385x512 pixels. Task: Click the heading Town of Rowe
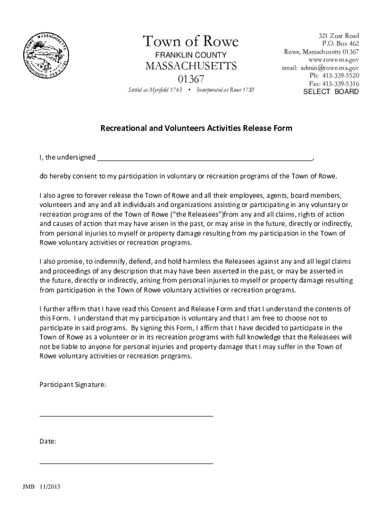[x=190, y=41]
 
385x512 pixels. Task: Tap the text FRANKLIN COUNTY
[x=190, y=54]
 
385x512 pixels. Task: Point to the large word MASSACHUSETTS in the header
[x=190, y=66]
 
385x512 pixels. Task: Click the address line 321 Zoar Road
[x=338, y=36]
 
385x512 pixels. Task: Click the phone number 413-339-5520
[x=340, y=76]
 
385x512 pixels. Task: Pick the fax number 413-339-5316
[x=340, y=84]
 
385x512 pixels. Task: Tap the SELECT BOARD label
[x=331, y=92]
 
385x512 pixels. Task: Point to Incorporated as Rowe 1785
[x=225, y=90]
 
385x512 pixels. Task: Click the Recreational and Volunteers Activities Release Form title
[x=196, y=128]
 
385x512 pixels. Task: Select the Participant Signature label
[x=72, y=385]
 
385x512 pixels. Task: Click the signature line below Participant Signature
[x=126, y=415]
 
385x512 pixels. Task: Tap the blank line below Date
[x=126, y=463]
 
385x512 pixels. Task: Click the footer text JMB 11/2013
[x=41, y=487]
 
